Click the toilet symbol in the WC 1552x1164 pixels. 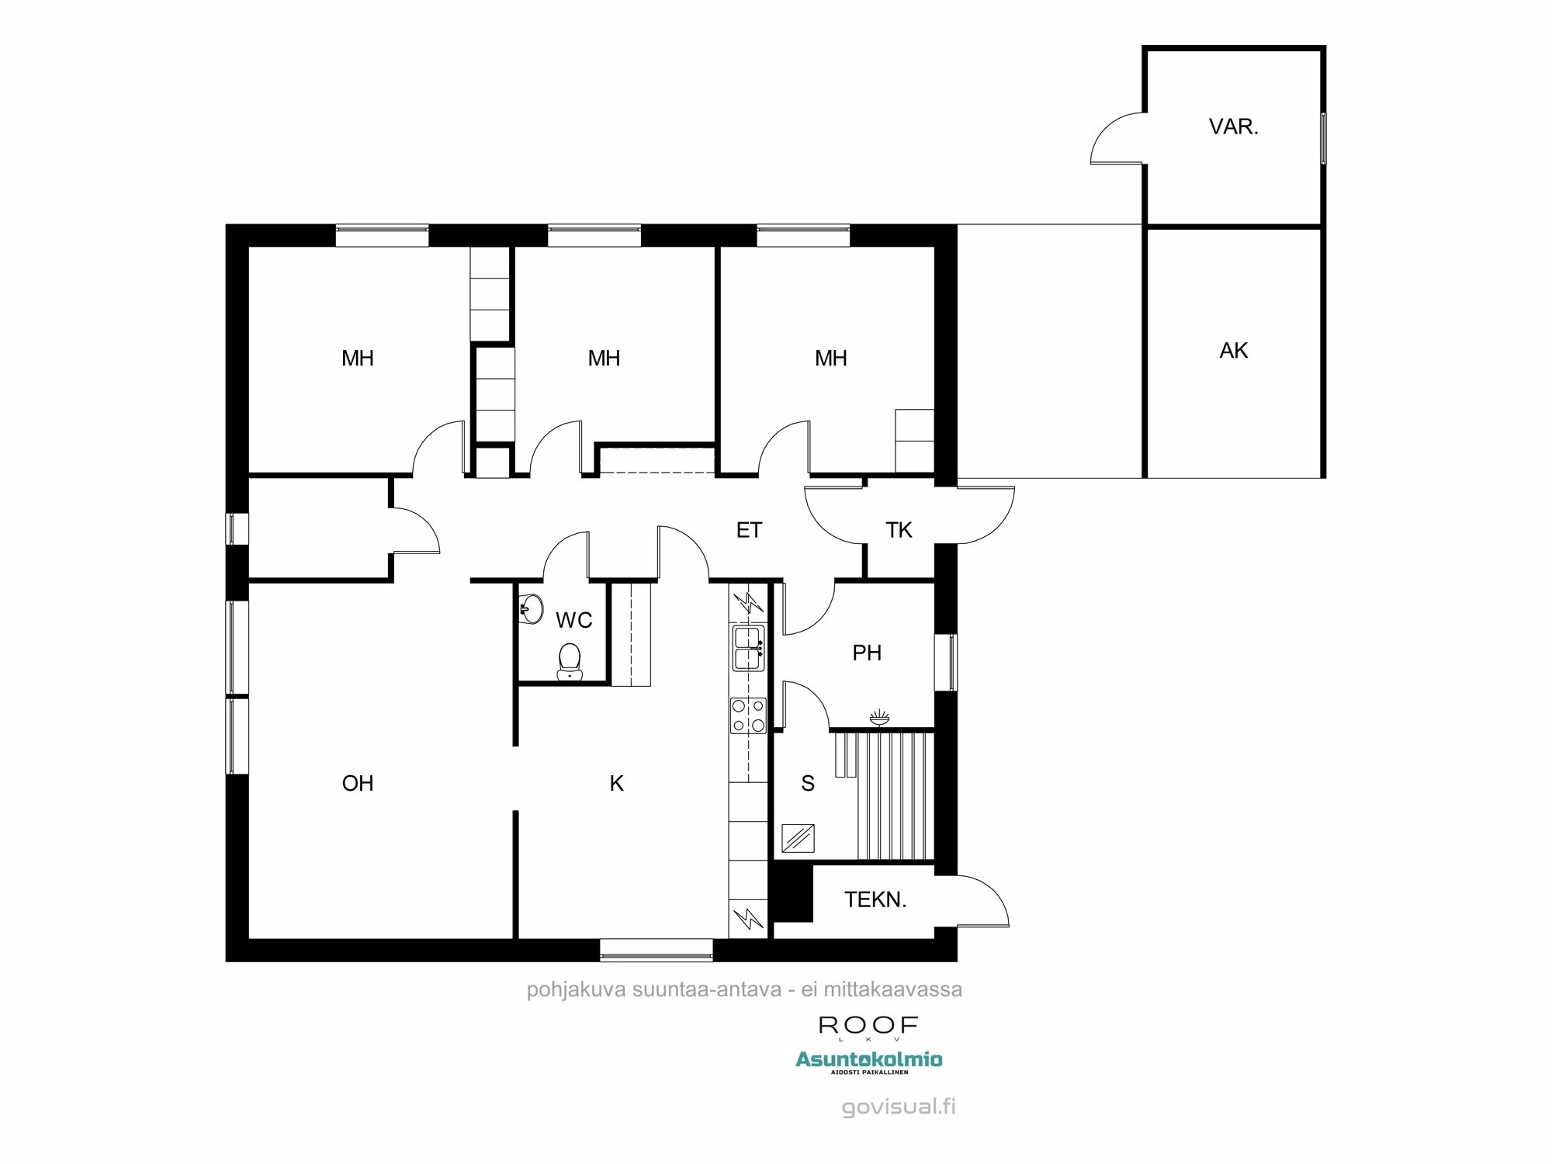(570, 660)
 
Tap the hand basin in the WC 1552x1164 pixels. (531, 608)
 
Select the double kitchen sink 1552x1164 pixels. (749, 649)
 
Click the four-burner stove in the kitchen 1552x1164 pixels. (748, 715)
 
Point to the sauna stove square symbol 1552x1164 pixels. (798, 839)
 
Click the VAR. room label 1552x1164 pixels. (1233, 127)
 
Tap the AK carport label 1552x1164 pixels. (1233, 351)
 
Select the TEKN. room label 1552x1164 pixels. (875, 900)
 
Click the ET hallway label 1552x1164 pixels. (749, 530)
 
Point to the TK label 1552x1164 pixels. (899, 530)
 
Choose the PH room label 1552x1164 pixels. (867, 653)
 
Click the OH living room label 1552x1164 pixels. (358, 783)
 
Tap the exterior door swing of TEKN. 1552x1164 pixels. (982, 900)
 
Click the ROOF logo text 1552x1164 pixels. (868, 1025)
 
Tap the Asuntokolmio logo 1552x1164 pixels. (868, 1059)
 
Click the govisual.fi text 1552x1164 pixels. (899, 1107)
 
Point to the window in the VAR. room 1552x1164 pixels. (1323, 138)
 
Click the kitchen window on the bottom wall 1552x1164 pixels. (656, 949)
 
